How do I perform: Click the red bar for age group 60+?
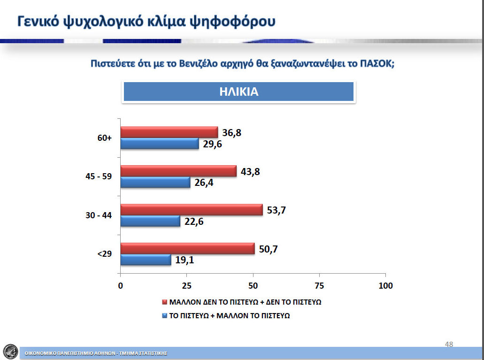pyautogui.click(x=169, y=132)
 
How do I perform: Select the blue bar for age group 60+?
pyautogui.click(x=160, y=144)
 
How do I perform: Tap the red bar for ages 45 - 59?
pyautogui.click(x=178, y=171)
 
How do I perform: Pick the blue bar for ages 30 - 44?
pyautogui.click(x=150, y=221)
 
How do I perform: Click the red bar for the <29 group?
pyautogui.click(x=188, y=249)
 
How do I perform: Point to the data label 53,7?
pyautogui.click(x=276, y=210)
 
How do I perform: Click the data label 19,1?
pyautogui.click(x=184, y=260)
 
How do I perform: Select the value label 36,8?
pyautogui.click(x=231, y=133)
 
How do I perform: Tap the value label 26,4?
pyautogui.click(x=204, y=183)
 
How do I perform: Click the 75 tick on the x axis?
pyautogui.click(x=319, y=285)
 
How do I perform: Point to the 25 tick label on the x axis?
pyautogui.click(x=186, y=285)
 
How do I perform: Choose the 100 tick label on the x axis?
pyautogui.click(x=385, y=285)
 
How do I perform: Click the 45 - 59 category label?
pyautogui.click(x=99, y=176)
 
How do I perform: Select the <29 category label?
pyautogui.click(x=105, y=254)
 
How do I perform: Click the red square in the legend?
pyautogui.click(x=164, y=302)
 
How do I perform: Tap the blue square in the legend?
pyautogui.click(x=164, y=315)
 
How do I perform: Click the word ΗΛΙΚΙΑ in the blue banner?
pyautogui.click(x=238, y=92)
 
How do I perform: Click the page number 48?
pyautogui.click(x=449, y=344)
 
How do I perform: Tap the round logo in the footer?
pyautogui.click(x=10, y=352)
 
